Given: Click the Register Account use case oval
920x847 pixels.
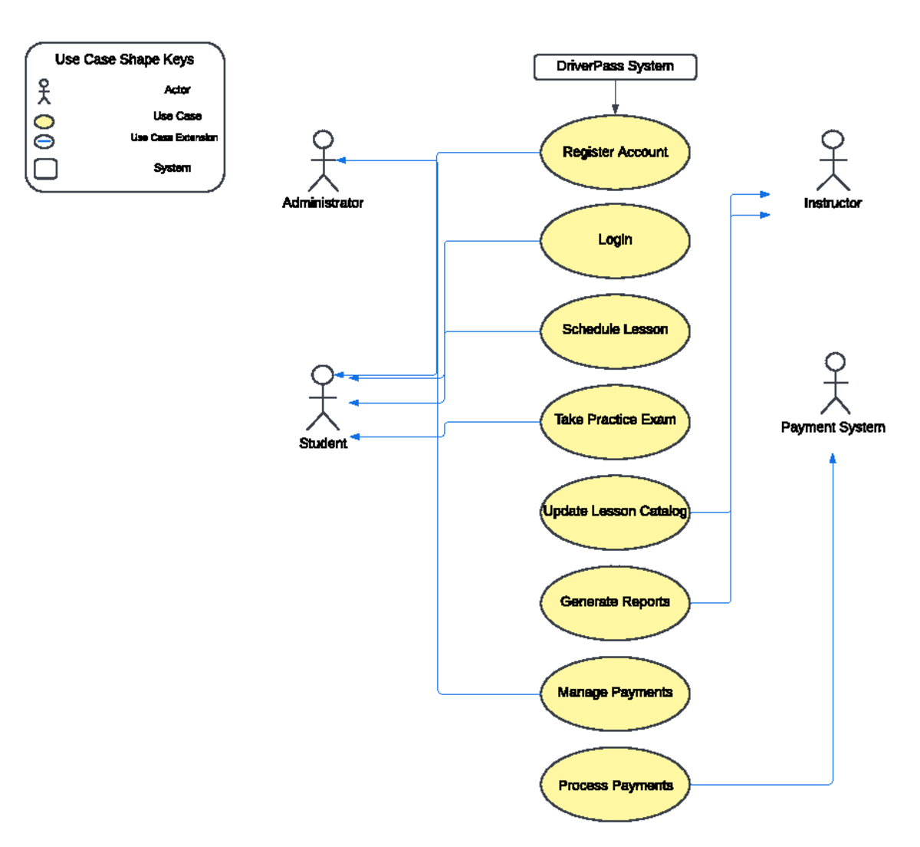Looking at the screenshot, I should click(615, 152).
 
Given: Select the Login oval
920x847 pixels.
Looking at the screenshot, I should click(615, 240).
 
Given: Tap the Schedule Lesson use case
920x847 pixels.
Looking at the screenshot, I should click(615, 330).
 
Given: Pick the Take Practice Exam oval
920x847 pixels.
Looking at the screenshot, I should click(615, 420).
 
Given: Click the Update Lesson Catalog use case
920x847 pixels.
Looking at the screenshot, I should click(615, 512).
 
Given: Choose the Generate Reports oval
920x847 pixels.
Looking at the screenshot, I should click(615, 602).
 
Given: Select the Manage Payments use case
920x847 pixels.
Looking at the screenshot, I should click(615, 693).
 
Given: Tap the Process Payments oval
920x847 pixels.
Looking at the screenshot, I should click(615, 785).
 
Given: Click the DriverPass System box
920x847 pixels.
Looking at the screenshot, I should click(615, 67).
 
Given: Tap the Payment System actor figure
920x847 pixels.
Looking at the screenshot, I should click(835, 384).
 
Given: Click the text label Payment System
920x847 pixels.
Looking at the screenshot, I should click(833, 427).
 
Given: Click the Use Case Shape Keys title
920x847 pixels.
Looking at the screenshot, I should click(124, 60).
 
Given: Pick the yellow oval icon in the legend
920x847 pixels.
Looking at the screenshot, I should click(44, 121).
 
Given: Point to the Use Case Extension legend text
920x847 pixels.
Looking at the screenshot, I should click(174, 138).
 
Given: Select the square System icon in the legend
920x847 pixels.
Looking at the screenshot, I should click(46, 168).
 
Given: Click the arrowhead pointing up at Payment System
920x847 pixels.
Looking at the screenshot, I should click(833, 459).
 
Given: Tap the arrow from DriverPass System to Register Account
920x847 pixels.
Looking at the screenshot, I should click(615, 97).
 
